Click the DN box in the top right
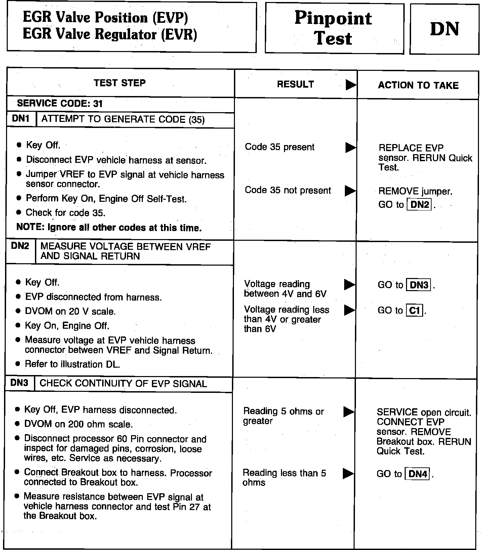444,29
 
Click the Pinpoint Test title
334,28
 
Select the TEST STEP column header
120,83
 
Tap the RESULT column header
295,84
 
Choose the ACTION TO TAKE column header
418,85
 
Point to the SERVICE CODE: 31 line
59,103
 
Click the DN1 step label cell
21,119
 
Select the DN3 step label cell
19,383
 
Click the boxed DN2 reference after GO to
419,204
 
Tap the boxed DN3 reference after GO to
419,285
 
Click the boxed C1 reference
415,311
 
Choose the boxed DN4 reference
418,474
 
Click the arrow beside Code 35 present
350,147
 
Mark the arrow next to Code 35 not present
350,191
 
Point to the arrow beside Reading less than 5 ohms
348,473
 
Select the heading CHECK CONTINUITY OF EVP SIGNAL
123,383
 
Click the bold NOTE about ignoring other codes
109,228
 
